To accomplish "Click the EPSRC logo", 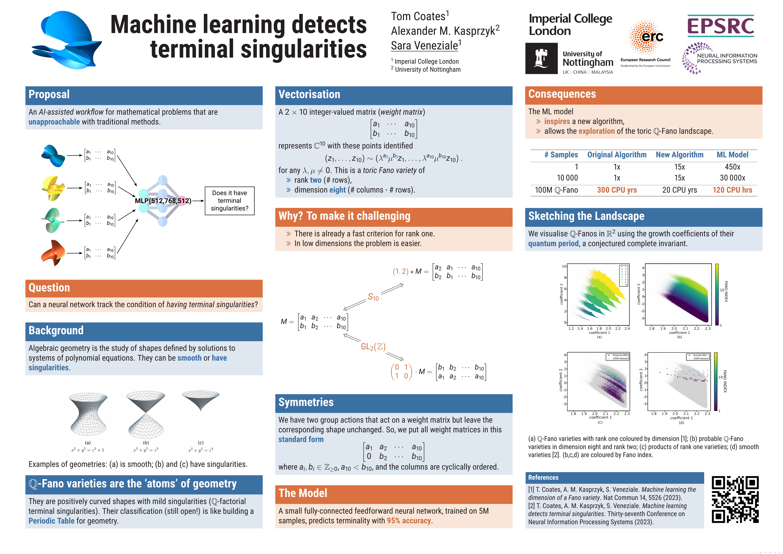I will coord(720,26).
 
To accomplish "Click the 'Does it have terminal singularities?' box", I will coord(230,201).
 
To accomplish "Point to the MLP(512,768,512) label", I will coord(163,201).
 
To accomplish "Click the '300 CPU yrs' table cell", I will coord(617,190).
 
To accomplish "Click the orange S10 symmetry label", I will coord(373,297).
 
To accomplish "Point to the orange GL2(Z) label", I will coord(373,347).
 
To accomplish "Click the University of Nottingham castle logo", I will coord(541,58).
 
